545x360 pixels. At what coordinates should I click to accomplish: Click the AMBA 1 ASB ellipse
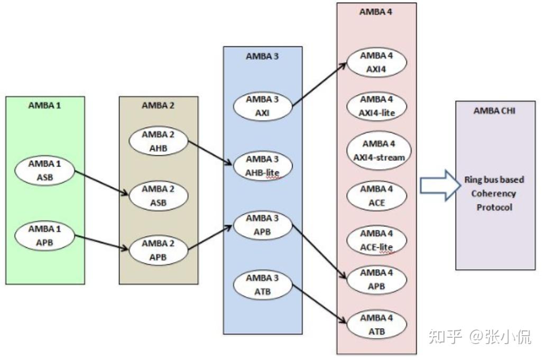45,171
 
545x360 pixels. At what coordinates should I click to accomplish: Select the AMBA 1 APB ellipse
45,236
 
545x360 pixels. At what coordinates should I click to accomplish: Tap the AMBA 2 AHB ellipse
158,141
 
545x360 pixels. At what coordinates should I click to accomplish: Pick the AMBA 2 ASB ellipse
158,196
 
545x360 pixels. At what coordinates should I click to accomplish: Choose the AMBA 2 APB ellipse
158,250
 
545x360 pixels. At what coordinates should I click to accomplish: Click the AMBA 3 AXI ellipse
262,106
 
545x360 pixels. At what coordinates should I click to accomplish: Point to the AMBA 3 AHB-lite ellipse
262,165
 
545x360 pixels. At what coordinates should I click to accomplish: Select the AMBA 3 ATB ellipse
262,284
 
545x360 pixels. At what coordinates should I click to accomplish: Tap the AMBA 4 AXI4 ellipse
376,62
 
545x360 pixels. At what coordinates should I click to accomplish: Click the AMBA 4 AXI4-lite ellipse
376,106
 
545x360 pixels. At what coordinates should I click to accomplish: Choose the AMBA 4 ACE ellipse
376,196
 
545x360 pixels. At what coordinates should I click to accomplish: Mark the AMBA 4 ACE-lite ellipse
376,240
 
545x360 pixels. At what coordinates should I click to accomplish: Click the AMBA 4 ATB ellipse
376,325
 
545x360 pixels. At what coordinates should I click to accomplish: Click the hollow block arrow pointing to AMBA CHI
438,186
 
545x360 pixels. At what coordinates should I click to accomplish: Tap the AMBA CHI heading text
494,110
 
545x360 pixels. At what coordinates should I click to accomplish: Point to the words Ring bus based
494,180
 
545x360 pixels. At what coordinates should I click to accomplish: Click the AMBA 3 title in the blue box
262,57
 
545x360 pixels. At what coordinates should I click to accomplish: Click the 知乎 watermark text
446,336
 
